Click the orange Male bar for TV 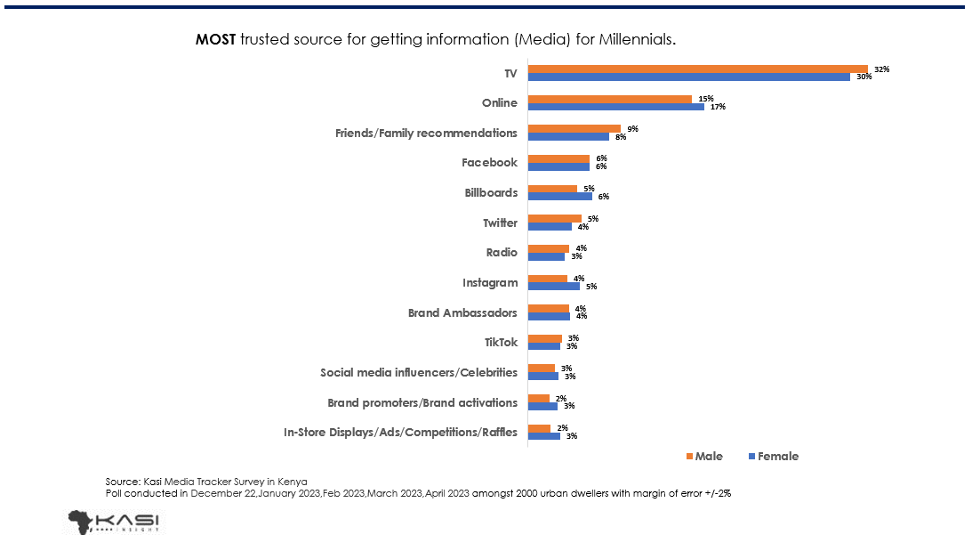pos(697,69)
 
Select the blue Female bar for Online pos(615,107)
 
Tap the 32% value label pos(881,69)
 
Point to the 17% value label pos(718,107)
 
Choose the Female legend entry pos(772,456)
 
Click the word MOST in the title pos(215,40)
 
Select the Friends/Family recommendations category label pos(426,133)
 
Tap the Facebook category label pos(489,163)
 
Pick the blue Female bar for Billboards pos(559,196)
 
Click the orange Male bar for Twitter pos(554,218)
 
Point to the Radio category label pos(501,252)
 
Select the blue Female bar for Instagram pos(553,286)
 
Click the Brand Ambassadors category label pos(462,312)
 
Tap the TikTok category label pos(500,342)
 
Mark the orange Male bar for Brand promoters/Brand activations pos(538,397)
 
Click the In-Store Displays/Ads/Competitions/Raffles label pos(400,433)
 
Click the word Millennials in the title pos(632,40)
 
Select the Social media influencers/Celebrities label pos(418,372)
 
